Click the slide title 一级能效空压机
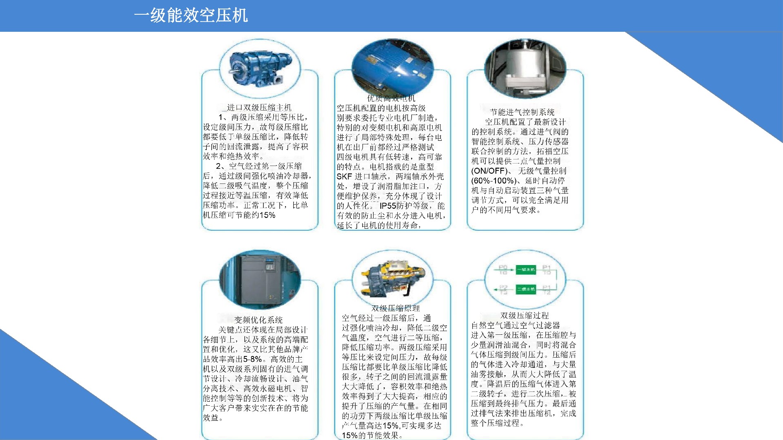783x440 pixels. [190, 15]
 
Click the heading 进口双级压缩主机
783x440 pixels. [259, 108]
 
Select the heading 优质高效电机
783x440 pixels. [391, 98]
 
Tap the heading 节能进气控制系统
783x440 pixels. [522, 112]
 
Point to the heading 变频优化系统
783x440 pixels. [259, 320]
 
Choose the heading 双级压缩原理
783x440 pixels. [395, 308]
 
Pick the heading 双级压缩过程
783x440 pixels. [524, 316]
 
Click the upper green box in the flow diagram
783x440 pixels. [526, 270]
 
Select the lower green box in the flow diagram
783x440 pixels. [526, 289]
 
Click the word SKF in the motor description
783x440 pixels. [344, 177]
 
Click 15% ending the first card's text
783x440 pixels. [267, 215]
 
